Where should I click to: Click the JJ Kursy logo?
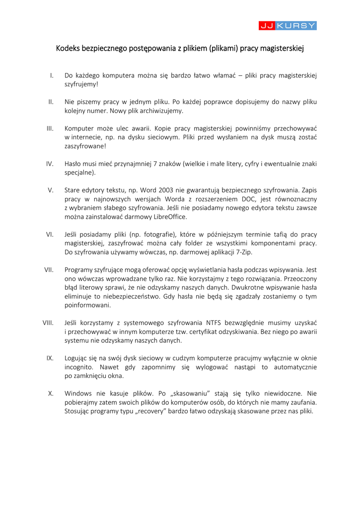click(x=288, y=25)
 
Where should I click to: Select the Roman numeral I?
click(x=52, y=75)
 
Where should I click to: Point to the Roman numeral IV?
click(x=50, y=164)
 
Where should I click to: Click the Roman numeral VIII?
click(x=48, y=322)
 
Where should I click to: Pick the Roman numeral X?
click(x=51, y=393)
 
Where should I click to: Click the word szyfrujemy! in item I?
click(x=81, y=84)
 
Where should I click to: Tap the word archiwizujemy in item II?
click(x=158, y=111)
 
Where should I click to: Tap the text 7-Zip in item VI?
click(x=243, y=252)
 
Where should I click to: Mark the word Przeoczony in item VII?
click(x=297, y=278)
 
